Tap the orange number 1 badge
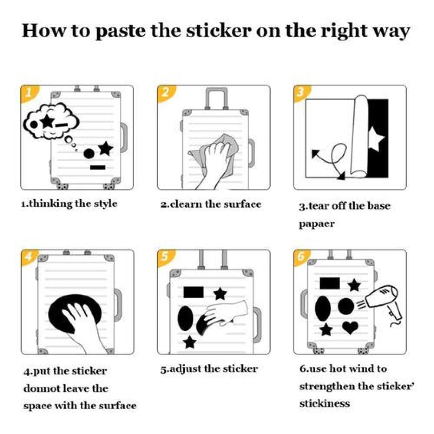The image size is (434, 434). tap(29, 93)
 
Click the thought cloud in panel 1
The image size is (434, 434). tap(51, 121)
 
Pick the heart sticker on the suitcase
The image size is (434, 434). tap(350, 327)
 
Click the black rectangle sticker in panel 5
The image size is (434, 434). tap(194, 292)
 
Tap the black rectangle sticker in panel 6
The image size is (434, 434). tap(330, 283)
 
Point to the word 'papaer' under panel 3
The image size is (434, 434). tap(317, 224)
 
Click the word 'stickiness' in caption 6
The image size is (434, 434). tap(325, 403)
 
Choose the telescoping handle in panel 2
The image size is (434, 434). tap(217, 99)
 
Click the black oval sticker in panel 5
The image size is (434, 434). tap(185, 319)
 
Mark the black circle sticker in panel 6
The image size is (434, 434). tap(346, 307)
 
